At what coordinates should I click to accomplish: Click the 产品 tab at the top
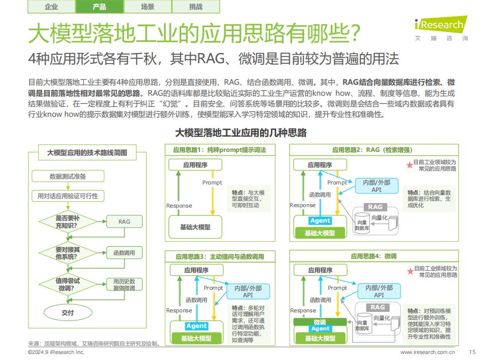[x=99, y=7]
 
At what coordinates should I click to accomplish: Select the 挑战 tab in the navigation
[x=196, y=7]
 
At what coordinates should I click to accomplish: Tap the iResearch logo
[x=441, y=28]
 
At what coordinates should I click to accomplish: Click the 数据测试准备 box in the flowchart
[x=68, y=176]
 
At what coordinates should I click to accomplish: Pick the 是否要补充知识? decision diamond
[x=68, y=222]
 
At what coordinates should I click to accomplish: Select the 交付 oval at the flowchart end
[x=68, y=312]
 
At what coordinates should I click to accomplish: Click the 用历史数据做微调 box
[x=124, y=285]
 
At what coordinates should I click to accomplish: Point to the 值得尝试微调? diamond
[x=68, y=284]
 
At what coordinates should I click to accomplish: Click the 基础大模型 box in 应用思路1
[x=195, y=227]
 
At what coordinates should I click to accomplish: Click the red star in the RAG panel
[x=409, y=165]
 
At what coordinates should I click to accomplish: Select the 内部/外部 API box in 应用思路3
[x=248, y=291]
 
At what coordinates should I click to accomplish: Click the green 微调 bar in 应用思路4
[x=320, y=322]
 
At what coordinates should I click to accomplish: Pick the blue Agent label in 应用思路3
[x=196, y=326]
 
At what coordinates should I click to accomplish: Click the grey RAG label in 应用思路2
[x=375, y=207]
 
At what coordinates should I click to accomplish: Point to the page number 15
[x=472, y=352]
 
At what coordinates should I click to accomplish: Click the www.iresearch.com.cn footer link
[x=428, y=352]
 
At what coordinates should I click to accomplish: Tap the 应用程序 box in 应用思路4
[x=320, y=270]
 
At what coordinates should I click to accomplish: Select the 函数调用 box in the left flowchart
[x=124, y=253]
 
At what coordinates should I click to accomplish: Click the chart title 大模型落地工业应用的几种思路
[x=240, y=132]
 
